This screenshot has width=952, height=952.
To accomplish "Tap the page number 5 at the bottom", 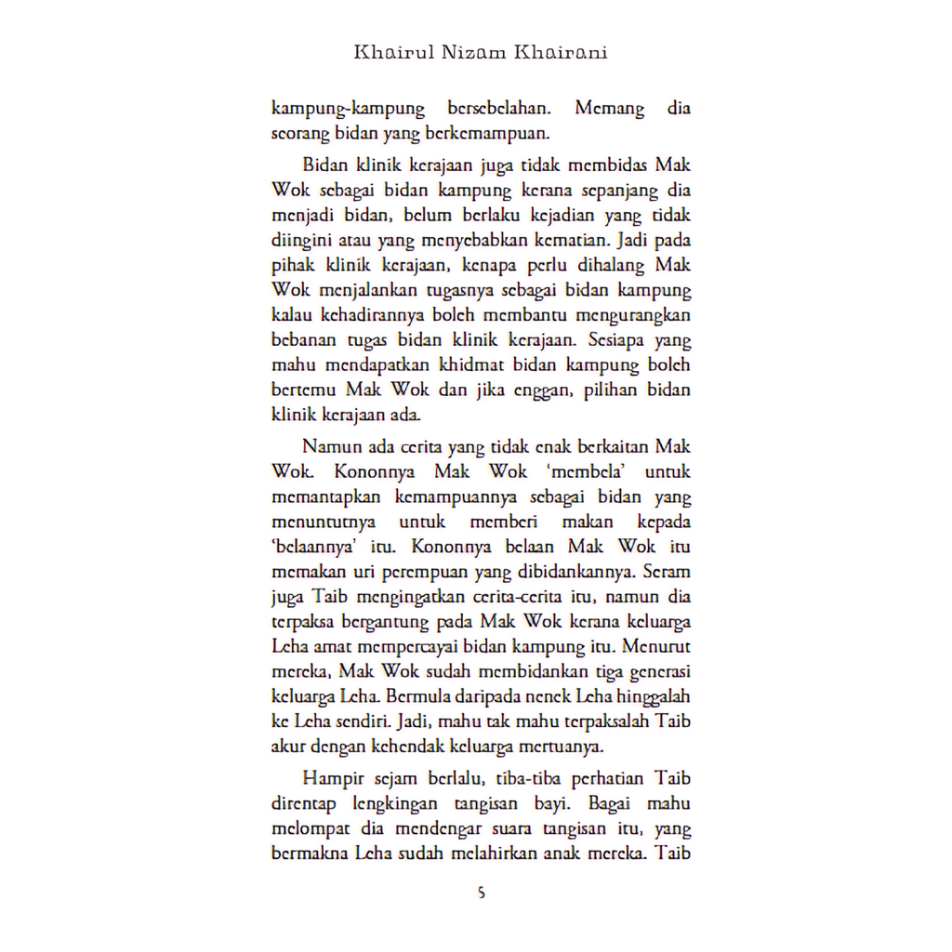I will pos(481,893).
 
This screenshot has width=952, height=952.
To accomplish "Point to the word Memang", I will pos(609,109).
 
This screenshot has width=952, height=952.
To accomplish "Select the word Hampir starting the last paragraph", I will pos(328,779).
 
